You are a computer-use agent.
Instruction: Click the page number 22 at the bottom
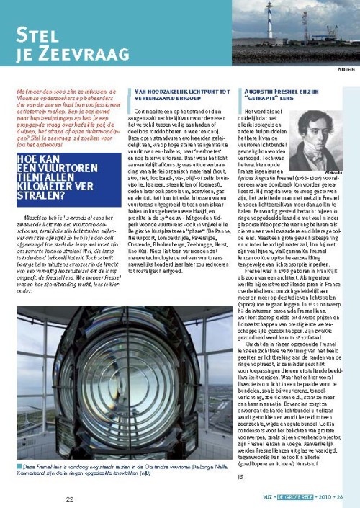coord(70,499)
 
